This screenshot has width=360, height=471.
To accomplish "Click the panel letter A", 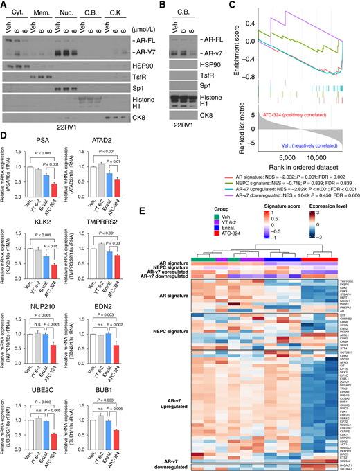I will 5,6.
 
